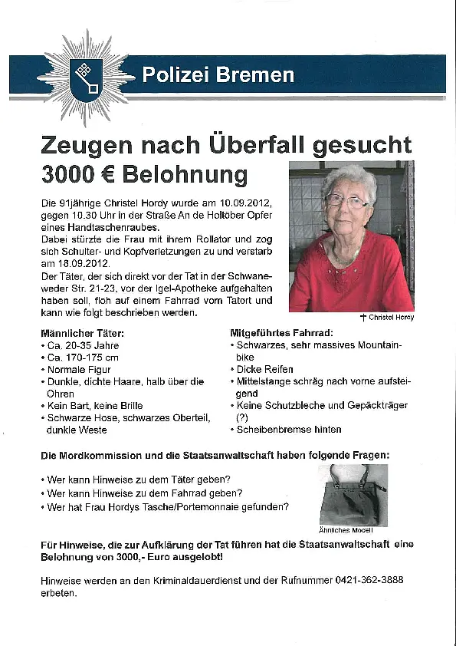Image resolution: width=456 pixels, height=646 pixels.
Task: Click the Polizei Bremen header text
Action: tap(218, 75)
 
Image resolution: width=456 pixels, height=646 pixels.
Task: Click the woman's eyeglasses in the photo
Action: tap(346, 201)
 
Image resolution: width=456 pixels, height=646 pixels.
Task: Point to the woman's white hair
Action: tap(349, 179)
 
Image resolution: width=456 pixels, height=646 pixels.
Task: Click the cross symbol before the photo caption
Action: tap(363, 318)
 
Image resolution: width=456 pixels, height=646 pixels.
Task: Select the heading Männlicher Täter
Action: tap(82, 334)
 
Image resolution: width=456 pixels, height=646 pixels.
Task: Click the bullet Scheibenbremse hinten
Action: tap(289, 429)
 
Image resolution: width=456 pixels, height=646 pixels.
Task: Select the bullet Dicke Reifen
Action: tap(265, 369)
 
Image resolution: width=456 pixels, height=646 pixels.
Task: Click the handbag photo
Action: tap(353, 495)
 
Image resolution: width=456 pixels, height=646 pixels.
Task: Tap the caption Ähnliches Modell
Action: tap(345, 530)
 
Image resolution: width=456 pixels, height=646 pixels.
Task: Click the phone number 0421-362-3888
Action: tap(369, 581)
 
